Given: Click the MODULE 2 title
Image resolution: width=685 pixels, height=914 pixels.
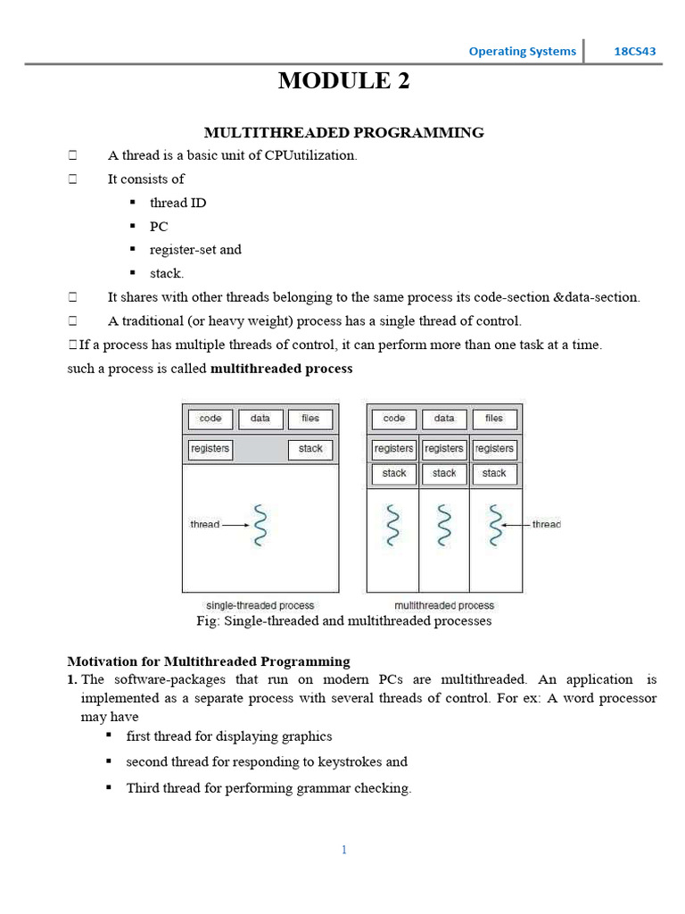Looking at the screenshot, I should (343, 81).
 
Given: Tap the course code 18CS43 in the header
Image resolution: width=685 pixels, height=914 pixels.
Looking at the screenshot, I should (634, 51).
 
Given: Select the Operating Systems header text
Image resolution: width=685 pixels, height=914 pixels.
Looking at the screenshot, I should (522, 51).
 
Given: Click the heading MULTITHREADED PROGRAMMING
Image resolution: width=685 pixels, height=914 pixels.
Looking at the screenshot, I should (343, 132).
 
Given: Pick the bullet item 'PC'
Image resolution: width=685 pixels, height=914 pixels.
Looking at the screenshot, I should (159, 227).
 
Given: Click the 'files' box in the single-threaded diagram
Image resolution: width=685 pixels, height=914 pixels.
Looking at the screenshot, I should (309, 419).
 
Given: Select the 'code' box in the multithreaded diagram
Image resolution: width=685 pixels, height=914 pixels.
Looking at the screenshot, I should (393, 419).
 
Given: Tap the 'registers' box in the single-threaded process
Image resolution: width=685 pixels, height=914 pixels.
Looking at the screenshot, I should (210, 449).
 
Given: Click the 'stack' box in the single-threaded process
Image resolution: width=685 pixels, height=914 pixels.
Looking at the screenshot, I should (310, 449).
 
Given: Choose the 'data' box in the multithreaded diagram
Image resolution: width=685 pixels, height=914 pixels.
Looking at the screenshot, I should (443, 419).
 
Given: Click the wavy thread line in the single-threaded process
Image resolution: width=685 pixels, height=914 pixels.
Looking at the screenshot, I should (260, 525).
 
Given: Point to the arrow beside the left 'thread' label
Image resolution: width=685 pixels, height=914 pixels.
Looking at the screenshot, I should (236, 525).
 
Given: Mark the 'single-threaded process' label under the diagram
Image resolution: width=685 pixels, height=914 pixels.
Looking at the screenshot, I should (260, 605).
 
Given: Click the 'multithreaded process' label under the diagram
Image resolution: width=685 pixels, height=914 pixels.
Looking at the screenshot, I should (444, 605).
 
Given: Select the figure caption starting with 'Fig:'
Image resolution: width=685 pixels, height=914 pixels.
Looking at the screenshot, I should (343, 620).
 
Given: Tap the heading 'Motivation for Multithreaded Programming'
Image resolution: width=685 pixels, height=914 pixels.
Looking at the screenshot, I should (209, 661).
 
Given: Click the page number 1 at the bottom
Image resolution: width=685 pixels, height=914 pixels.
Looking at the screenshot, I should (343, 850).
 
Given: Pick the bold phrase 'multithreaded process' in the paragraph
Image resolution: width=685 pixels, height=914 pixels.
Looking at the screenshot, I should (281, 369).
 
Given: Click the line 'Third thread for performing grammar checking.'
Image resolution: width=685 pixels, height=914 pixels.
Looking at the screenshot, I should (268, 788).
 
